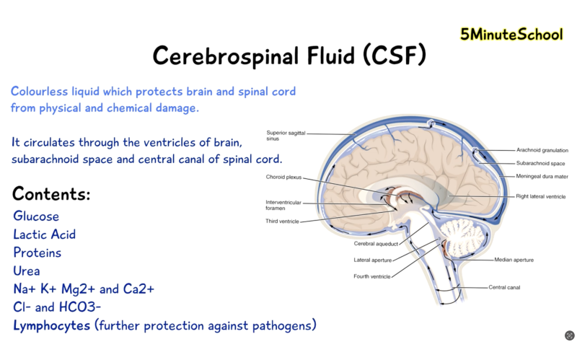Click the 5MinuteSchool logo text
(511, 34)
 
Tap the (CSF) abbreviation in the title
(395, 56)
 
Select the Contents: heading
(51, 193)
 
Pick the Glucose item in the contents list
(36, 216)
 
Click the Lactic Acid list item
(45, 234)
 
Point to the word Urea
(27, 271)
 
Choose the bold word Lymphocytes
(51, 326)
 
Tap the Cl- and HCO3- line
(57, 307)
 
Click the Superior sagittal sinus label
(286, 136)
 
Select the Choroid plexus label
(283, 177)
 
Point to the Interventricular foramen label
(283, 205)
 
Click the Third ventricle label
(282, 221)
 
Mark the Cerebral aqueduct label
(376, 244)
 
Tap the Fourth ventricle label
(372, 276)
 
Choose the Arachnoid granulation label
(542, 150)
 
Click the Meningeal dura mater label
(542, 176)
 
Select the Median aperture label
(514, 260)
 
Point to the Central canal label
(504, 287)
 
